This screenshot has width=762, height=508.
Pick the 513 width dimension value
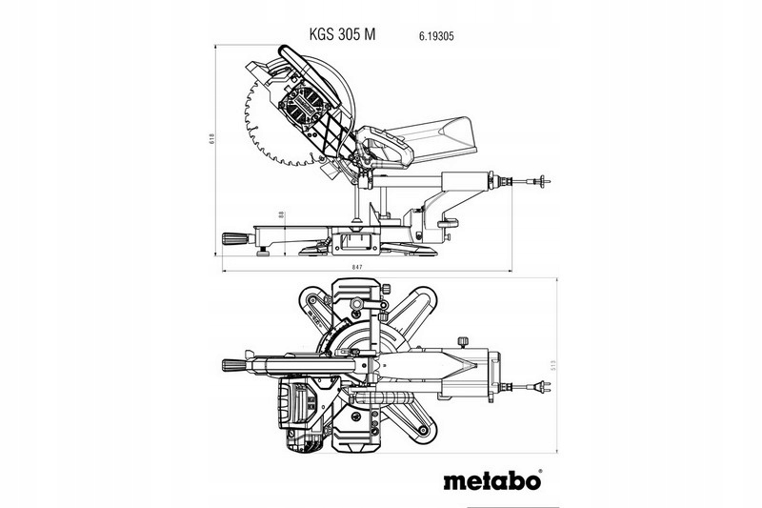tap(555, 363)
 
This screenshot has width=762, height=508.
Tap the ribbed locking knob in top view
tap(232, 362)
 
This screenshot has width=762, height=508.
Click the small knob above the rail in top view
tap(465, 338)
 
